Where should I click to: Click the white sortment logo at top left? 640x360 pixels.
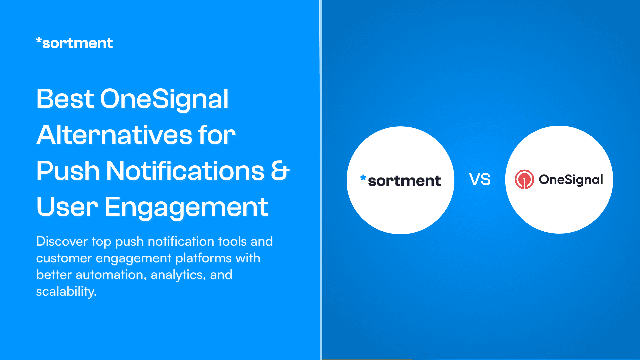(74, 43)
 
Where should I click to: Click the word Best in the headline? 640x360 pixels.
(65, 99)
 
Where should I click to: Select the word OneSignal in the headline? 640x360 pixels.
(164, 99)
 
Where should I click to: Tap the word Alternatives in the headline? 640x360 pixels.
(114, 135)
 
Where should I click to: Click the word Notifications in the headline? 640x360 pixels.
(185, 171)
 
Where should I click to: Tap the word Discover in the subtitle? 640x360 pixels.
(62, 241)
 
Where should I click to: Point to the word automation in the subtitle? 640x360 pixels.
(111, 275)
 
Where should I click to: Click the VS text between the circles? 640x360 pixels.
(480, 180)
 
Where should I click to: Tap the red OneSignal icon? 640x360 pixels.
(524, 179)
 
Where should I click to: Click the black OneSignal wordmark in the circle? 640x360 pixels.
(571, 180)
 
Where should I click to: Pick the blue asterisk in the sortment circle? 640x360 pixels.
(363, 178)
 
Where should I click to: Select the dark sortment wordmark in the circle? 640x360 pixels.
(404, 181)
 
